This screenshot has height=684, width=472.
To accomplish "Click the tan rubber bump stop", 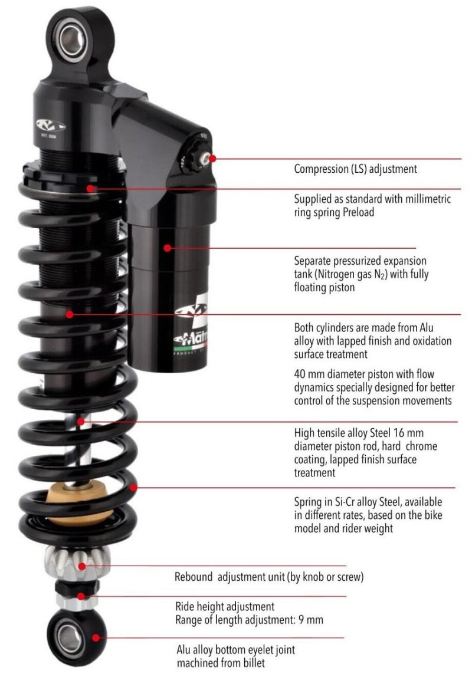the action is [77, 503].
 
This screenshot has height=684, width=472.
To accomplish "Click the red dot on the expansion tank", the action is [167, 248].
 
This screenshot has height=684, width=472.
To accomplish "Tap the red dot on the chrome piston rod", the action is [81, 422].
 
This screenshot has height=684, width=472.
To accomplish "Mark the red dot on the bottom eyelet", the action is [96, 638].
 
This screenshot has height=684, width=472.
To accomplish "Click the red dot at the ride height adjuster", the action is [81, 596].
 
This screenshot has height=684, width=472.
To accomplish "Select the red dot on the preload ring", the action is [90, 189].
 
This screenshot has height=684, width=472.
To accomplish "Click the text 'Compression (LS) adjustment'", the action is [355, 169].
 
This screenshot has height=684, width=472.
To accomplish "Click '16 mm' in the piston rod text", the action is [408, 433].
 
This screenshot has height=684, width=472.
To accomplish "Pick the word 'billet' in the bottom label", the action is [253, 663].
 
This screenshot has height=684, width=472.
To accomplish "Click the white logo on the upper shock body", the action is [50, 126].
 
